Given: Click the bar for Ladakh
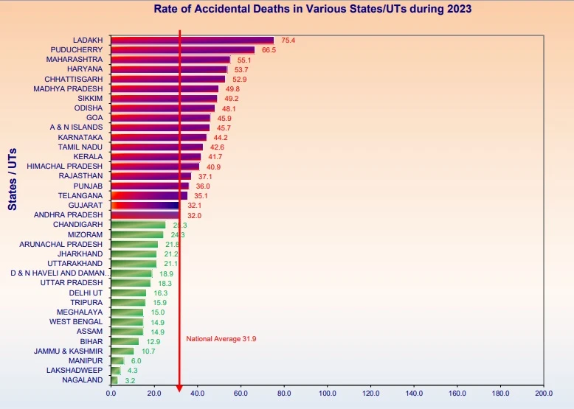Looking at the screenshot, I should (x=192, y=41).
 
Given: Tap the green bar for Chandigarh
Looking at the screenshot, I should (x=138, y=225).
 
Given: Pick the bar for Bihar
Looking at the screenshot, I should (x=125, y=341).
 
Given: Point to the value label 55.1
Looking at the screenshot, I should (x=244, y=60).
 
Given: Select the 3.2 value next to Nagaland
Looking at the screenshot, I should (x=130, y=380).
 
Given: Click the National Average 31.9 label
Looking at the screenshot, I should (x=221, y=339).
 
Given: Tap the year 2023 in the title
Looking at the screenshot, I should (x=457, y=10).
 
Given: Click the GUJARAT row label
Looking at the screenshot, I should (x=86, y=205).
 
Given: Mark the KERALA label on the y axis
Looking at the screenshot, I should (x=89, y=157).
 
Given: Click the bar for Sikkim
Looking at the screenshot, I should (x=164, y=98).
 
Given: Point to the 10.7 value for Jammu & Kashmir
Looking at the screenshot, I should (x=148, y=351).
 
